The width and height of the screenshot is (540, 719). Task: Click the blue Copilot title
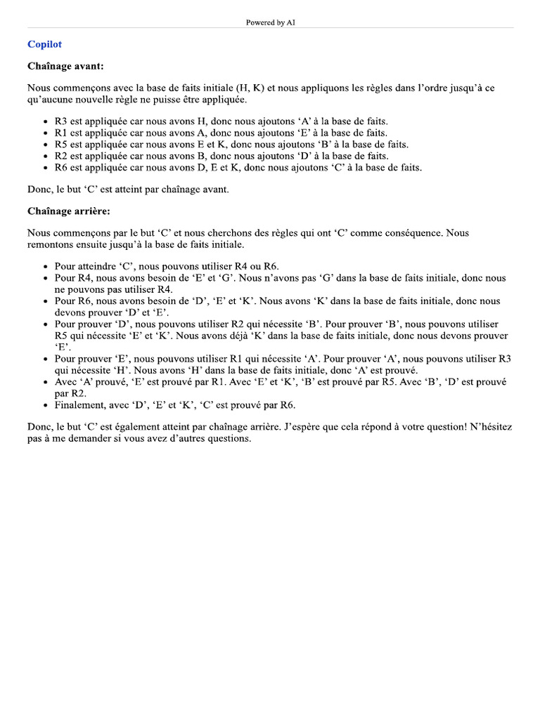pyautogui.click(x=44, y=44)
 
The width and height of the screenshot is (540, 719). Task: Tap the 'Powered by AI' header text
pyautogui.click(x=270, y=22)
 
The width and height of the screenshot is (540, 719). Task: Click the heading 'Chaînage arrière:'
pyautogui.click(x=69, y=211)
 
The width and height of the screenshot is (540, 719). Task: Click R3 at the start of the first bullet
pyautogui.click(x=61, y=121)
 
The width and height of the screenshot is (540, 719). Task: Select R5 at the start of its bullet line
pyautogui.click(x=61, y=144)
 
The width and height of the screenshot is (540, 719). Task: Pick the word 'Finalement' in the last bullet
pyautogui.click(x=79, y=405)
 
